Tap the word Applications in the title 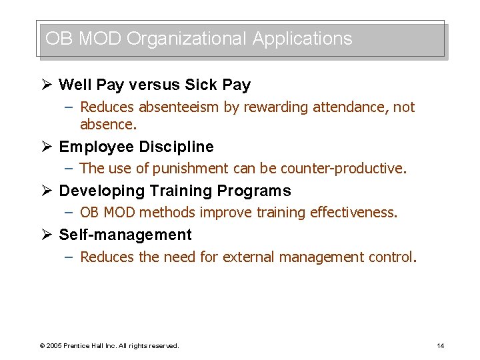coord(302,39)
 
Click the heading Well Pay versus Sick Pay coord(155,85)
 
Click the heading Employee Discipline coord(136,147)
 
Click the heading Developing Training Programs coord(175,191)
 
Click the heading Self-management coord(125,235)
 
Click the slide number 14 coord(440,345)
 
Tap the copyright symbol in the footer coord(42,346)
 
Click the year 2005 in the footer coord(54,346)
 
